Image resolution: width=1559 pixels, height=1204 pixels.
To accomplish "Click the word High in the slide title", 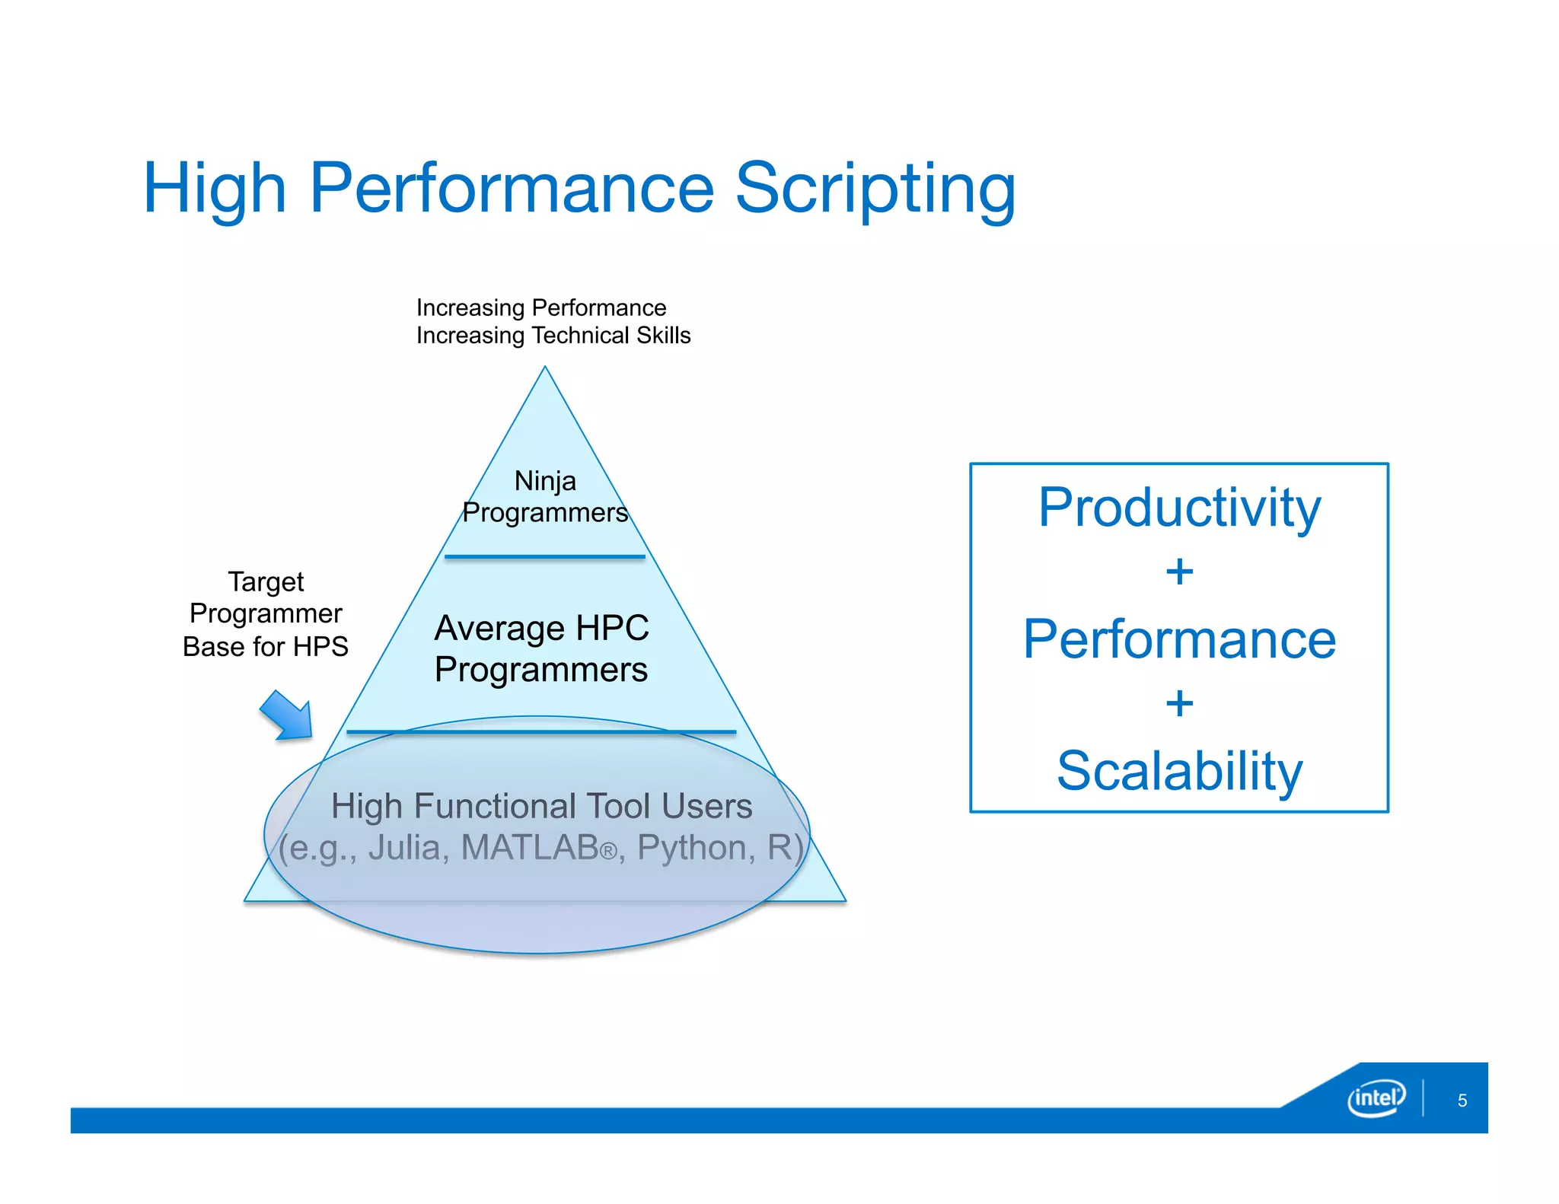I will pos(214,189).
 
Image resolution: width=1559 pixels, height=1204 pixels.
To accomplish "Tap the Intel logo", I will pos(1376,1097).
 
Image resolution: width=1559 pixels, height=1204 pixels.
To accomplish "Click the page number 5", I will pos(1462,1100).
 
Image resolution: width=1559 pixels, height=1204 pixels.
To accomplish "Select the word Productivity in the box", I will pos(1179,508).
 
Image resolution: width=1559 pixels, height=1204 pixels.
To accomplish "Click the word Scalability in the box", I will pos(1179,771).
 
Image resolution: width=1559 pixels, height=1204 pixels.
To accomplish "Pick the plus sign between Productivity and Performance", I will pos(1179,572).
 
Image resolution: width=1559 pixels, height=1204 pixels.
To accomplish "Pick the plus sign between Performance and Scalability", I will pos(1179,704).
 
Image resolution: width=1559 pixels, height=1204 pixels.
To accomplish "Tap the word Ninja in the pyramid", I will pos(545,481).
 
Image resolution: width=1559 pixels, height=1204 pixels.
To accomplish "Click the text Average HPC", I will pos(541,629).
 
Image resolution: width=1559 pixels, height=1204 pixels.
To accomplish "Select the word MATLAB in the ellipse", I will pos(530,848).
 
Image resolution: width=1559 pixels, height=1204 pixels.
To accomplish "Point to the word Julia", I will pos(404,848).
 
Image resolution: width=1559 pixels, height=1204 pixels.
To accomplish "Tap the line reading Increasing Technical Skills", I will pos(553,336).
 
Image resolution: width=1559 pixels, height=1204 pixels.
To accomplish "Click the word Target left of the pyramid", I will pos(266,582).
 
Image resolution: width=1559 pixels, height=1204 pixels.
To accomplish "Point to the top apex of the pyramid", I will pos(545,368).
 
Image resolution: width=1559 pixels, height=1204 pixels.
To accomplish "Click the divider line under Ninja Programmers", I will pos(545,557).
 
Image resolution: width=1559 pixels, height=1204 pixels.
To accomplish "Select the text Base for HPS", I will pos(266,647).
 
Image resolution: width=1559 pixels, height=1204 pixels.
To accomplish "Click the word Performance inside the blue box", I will pos(1179,639).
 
